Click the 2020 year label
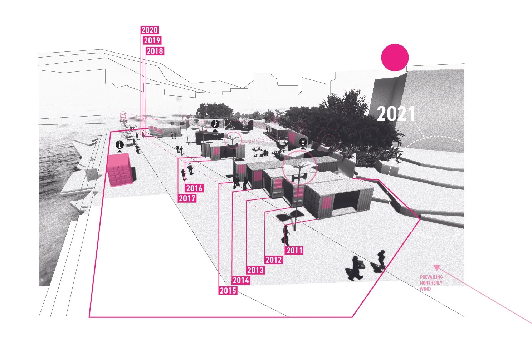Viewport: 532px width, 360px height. [150, 30]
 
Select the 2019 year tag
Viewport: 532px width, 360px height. [152, 40]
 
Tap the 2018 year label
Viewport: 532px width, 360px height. [155, 51]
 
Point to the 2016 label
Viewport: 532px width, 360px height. [194, 188]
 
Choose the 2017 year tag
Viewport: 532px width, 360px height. [187, 198]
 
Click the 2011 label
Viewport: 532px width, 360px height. [294, 250]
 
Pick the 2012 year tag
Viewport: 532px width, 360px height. [274, 260]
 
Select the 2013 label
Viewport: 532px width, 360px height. [255, 270]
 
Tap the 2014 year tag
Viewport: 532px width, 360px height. [241, 280]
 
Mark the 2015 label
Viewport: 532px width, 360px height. [228, 290]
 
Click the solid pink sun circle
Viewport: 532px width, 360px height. [395, 57]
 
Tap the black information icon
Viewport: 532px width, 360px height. [120, 145]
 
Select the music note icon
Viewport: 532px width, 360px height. [215, 124]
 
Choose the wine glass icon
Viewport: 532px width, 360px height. [303, 142]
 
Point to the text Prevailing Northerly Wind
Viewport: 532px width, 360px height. [431, 283]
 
